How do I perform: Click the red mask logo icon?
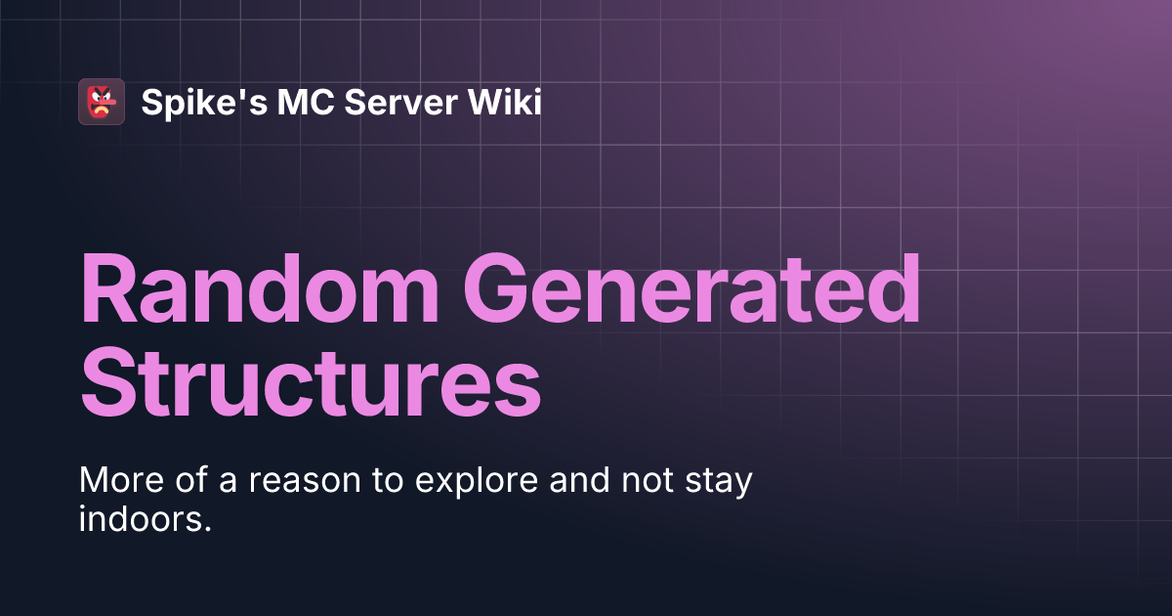coord(102,101)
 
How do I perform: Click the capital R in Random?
coord(105,290)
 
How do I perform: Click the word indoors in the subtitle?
coord(140,519)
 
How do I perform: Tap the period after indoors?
coord(208,528)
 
